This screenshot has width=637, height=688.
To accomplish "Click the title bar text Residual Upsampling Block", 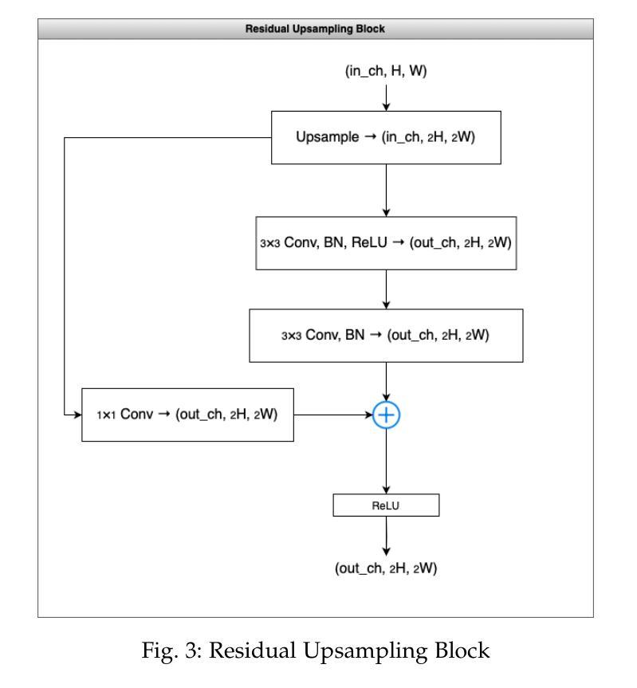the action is pos(315,29).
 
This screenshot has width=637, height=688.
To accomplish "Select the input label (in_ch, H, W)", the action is pos(386,71).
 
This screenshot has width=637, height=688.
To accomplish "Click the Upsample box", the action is pos(386,138).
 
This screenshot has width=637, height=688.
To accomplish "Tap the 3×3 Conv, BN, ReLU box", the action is pos(386,243).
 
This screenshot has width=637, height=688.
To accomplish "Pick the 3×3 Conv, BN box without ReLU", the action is pos(386,336).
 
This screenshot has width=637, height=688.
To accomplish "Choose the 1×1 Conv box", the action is pos(188,415).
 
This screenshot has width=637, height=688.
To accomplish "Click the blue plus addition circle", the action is pos(386,415).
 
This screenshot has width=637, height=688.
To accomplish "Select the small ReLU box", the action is pos(386,505).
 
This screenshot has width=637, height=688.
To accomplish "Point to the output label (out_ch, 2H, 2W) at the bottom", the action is pos(386,568).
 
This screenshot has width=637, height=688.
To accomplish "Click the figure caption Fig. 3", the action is pos(315,651).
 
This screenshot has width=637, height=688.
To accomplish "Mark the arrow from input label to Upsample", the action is pos(386,98).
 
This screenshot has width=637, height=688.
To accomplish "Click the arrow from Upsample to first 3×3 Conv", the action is pos(386,191).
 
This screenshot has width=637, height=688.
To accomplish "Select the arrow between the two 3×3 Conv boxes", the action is pos(386,289).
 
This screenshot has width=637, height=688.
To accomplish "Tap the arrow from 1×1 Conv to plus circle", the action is pos(333,415).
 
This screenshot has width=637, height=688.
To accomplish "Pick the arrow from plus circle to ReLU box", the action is pos(386,461).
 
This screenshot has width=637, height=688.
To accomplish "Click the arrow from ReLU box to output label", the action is pos(386,537).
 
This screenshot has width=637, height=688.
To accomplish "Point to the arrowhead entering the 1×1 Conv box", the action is pos(78,415).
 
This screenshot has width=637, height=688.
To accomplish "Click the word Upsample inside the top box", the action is pos(328,137).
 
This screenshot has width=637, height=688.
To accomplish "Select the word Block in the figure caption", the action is pos(462,650).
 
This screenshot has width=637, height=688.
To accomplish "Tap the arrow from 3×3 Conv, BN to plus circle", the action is pos(386,382).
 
